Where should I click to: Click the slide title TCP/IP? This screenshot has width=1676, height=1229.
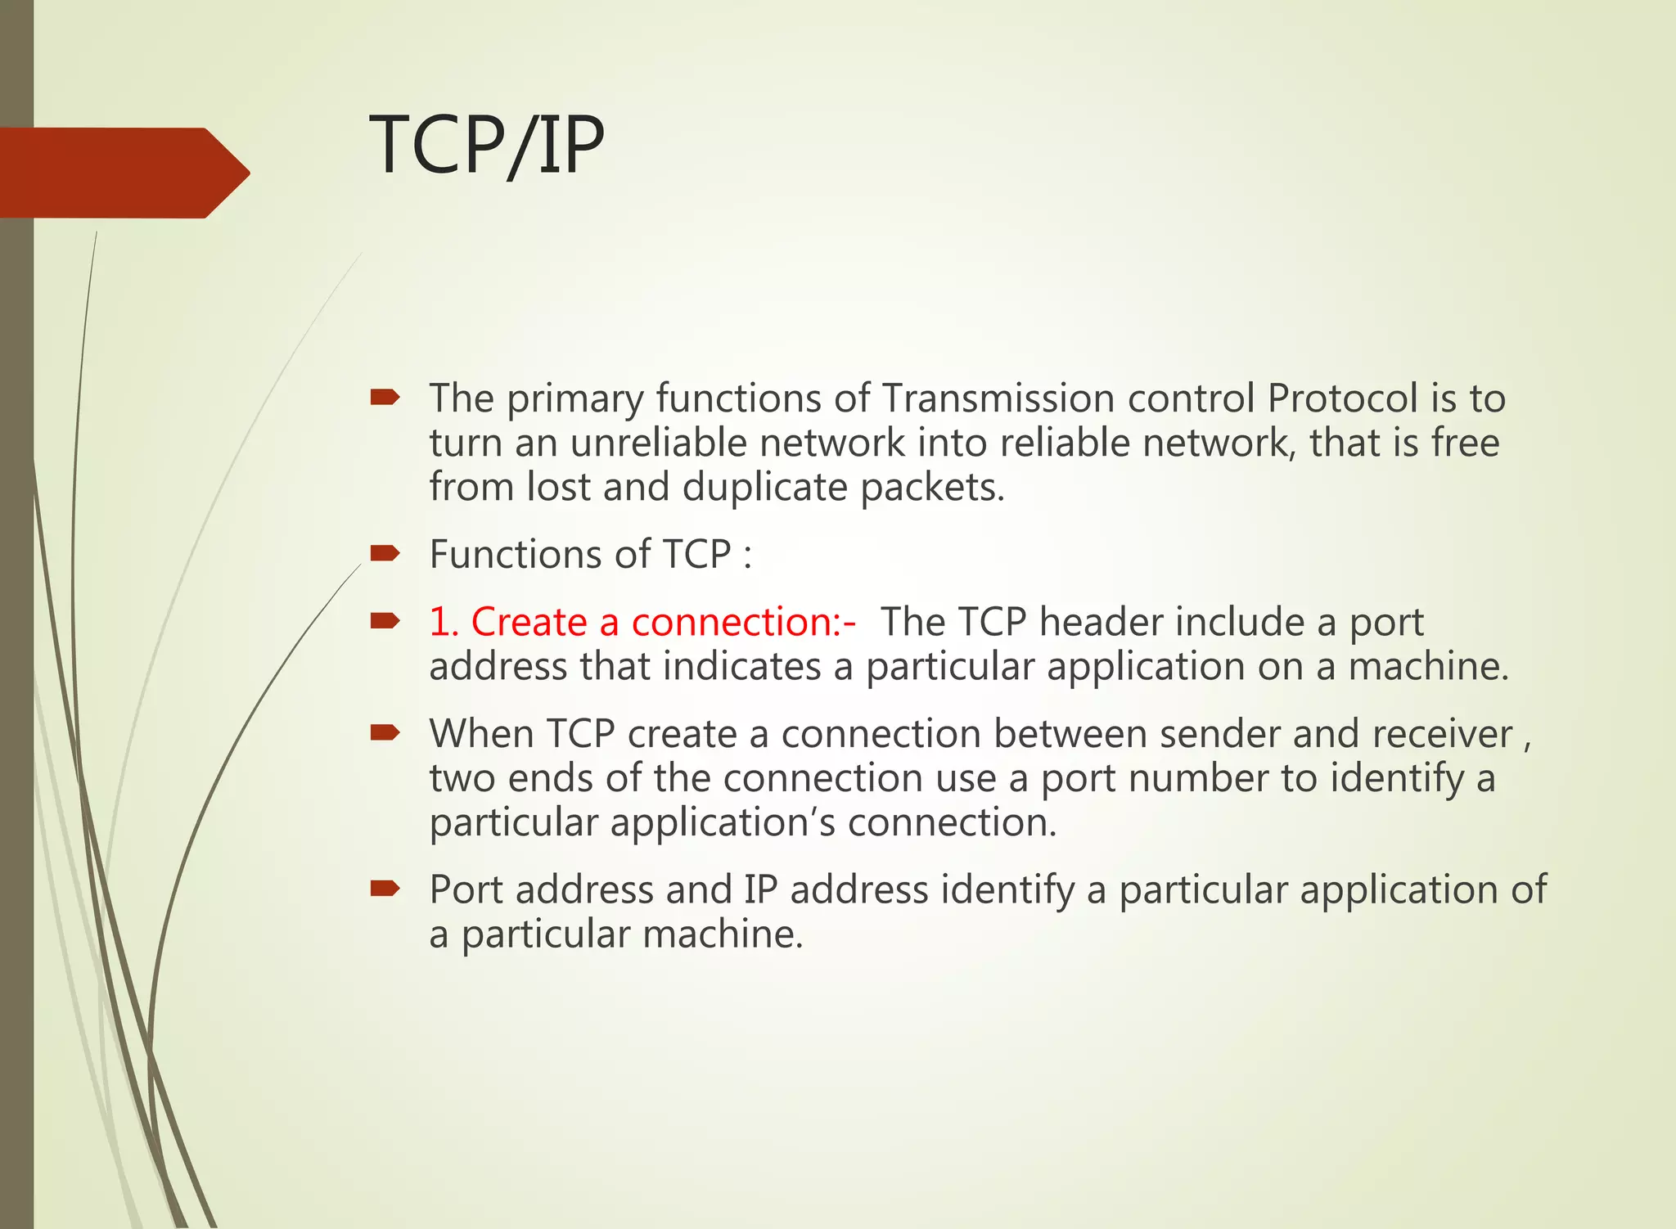[x=486, y=146]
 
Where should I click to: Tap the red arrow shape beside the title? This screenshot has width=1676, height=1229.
[x=123, y=173]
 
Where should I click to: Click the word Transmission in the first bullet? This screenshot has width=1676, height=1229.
[x=998, y=399]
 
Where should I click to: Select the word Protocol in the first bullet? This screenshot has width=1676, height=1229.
[x=1342, y=399]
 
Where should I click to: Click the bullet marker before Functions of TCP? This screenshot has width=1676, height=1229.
[x=384, y=554]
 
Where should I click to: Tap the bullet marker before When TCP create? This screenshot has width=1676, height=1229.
[x=384, y=732]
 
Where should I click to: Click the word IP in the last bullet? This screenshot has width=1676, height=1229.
[x=760, y=890]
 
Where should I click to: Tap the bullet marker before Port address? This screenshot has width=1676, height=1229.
[x=384, y=889]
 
